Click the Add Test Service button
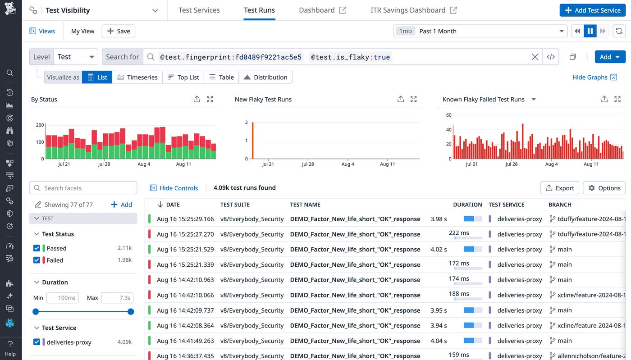tap(593, 10)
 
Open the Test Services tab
tap(199, 10)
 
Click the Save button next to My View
tap(119, 31)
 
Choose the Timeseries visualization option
tap(137, 77)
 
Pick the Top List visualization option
tap(183, 77)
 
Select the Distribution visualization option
tap(265, 77)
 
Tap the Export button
tap(559, 188)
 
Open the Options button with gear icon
tap(604, 188)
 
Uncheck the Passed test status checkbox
tap(37, 248)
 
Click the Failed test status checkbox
tap(37, 260)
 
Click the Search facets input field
tap(83, 188)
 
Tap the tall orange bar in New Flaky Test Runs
tap(253, 141)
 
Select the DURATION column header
tap(467, 205)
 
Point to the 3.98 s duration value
tap(439, 219)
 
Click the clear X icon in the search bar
tap(535, 57)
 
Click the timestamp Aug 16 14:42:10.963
tap(185, 280)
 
